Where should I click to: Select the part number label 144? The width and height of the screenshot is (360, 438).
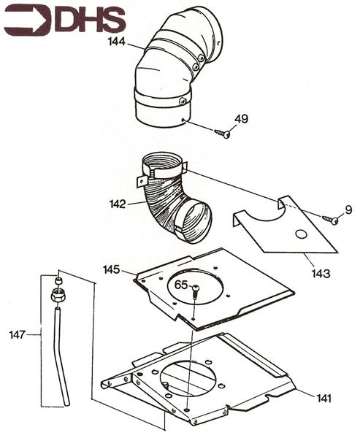pyautogui.click(x=116, y=43)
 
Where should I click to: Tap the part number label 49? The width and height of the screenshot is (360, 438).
pyautogui.click(x=242, y=119)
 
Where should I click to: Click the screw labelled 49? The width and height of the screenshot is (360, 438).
pyautogui.click(x=223, y=133)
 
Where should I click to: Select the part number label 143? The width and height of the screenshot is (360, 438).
pyautogui.click(x=321, y=273)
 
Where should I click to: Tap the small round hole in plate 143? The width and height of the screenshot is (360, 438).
pyautogui.click(x=299, y=235)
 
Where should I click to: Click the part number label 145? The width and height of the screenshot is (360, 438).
pyautogui.click(x=112, y=270)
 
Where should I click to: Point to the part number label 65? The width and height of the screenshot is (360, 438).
pyautogui.click(x=182, y=284)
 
